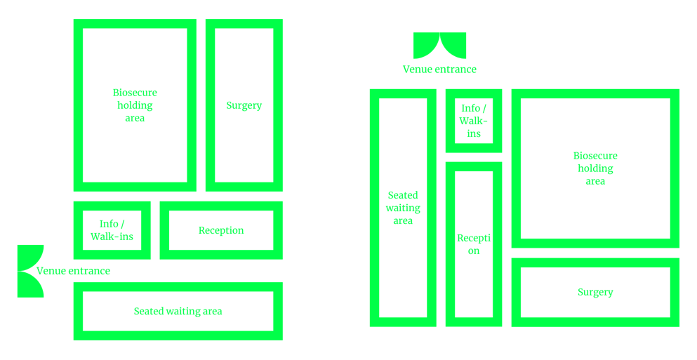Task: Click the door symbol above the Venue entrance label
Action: pos(439,46)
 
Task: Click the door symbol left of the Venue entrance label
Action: pos(30,271)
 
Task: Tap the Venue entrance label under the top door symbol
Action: pos(439,69)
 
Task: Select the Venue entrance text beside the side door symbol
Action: pos(73,271)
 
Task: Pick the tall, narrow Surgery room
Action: pos(244,105)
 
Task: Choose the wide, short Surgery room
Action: pos(595,292)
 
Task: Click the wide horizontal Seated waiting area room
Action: pos(178,311)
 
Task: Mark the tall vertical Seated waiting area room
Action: pos(403,208)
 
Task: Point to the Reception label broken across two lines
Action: pos(474,244)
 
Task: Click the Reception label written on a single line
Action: pos(221,230)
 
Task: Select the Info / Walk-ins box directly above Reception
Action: pos(474,121)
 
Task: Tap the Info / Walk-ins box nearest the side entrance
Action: pos(112,230)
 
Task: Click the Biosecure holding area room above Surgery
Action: pos(595,168)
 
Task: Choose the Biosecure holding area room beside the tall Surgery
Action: pos(135,105)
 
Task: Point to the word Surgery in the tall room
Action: pos(244,105)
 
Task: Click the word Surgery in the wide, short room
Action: pos(595,292)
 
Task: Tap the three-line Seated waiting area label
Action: pos(403,208)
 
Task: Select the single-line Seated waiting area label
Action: pos(178,311)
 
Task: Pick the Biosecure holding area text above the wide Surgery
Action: pos(595,168)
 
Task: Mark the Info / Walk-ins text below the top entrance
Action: pos(474,121)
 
